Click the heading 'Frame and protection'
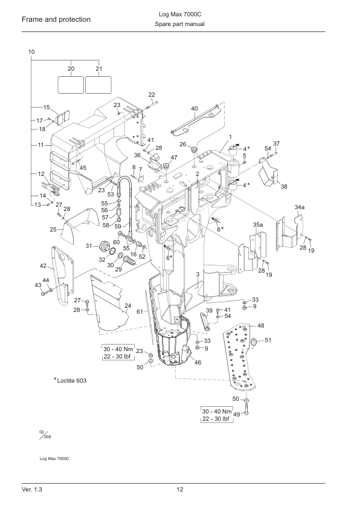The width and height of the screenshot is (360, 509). (56, 19)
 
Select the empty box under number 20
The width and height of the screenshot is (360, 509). (71, 85)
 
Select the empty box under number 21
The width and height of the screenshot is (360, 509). (98, 85)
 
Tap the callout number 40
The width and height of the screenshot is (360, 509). (194, 109)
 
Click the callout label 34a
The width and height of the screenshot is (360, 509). (300, 207)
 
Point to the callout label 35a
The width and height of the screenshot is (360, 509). (258, 224)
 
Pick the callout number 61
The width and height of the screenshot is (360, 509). (140, 312)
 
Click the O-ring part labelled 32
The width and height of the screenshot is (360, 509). (112, 251)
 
